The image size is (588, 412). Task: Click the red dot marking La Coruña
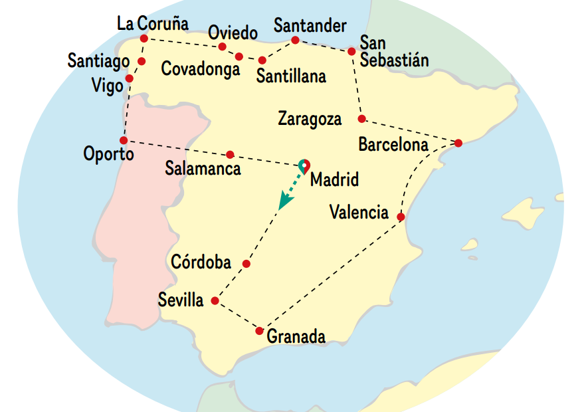point(144,38)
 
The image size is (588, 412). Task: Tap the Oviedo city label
point(232,33)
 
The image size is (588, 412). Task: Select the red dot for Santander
point(296,41)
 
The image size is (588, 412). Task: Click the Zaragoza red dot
point(361,119)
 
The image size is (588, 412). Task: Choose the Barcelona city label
point(393,144)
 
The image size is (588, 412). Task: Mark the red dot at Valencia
point(401,217)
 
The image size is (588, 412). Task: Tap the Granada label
point(296,337)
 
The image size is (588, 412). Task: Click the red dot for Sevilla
point(215,301)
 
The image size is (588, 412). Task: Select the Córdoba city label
point(201,262)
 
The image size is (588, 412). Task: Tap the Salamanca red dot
point(230,154)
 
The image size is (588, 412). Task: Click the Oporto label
point(108,155)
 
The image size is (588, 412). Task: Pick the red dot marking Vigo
point(129,78)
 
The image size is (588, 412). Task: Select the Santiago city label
point(98,61)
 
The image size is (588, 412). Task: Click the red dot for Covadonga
point(239,56)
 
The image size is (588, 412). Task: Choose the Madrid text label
point(334,179)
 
